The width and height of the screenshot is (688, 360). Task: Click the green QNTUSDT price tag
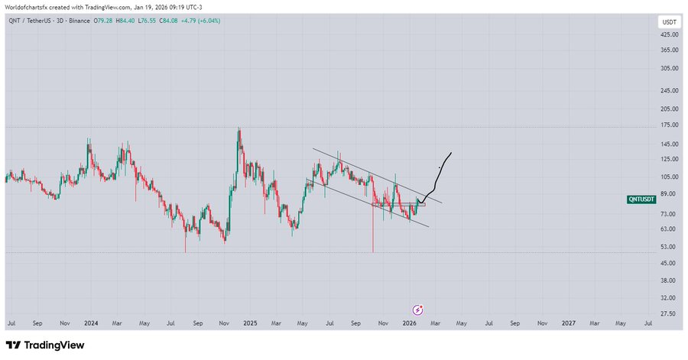[641, 199]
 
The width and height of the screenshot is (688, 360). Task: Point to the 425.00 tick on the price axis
[669, 35]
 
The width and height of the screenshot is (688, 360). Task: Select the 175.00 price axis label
[669, 125]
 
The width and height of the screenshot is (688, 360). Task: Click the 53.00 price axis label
[669, 247]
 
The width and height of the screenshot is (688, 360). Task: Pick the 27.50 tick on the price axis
[669, 314]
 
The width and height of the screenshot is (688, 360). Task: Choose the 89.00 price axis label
[669, 194]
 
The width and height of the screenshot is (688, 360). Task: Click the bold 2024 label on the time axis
[91, 323]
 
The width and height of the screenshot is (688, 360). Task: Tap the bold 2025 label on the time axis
[251, 323]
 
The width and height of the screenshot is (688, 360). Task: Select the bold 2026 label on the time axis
[410, 323]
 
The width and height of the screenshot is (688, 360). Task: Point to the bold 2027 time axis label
[568, 323]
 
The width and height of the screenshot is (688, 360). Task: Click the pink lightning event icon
[418, 310]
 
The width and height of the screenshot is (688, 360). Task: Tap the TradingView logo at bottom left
[45, 345]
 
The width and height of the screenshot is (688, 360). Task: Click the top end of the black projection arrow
[452, 153]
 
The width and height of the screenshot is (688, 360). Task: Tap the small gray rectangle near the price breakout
[421, 204]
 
